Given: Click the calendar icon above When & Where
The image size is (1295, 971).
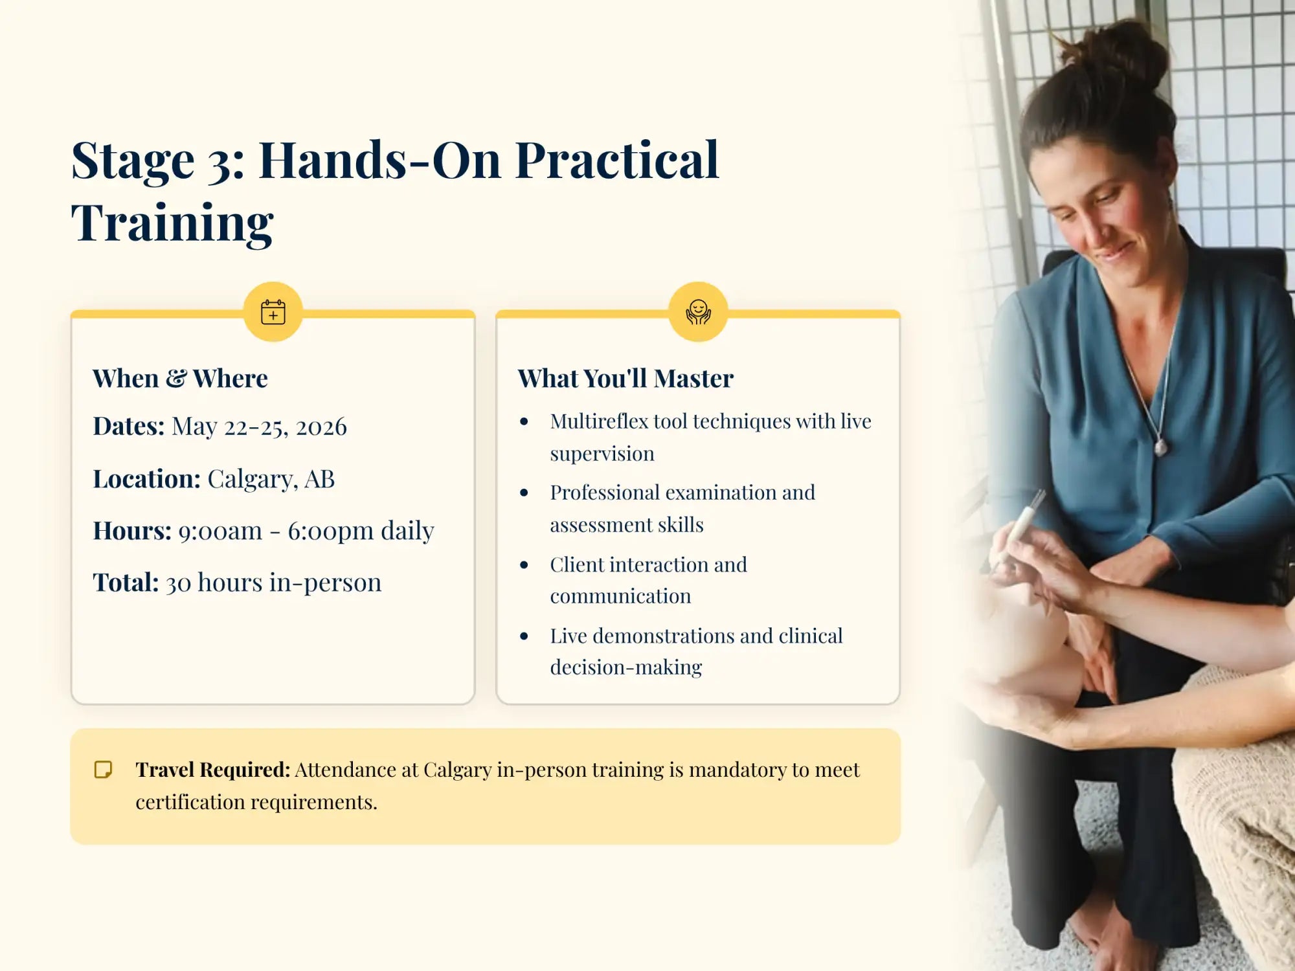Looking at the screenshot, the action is click(273, 312).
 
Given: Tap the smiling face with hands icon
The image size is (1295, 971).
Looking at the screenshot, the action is click(698, 312).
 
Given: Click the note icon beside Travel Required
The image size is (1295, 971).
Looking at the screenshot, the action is click(103, 769).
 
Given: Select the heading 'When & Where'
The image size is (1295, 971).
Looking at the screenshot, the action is click(180, 379).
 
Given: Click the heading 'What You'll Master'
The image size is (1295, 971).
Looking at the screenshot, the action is click(625, 379).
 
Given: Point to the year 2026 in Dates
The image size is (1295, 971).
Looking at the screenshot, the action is click(321, 427).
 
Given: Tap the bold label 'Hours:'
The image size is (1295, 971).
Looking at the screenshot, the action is click(132, 530).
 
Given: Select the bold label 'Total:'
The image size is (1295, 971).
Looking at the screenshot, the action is click(126, 582).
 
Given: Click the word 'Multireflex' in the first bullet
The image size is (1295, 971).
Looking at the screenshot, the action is click(599, 421).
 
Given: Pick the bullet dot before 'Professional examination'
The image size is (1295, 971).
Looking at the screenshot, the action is click(524, 493).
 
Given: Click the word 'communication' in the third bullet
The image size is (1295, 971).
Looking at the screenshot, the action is click(620, 596).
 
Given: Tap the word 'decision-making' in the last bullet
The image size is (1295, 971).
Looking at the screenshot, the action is click(625, 667).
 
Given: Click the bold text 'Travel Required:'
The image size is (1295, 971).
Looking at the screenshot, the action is click(212, 770).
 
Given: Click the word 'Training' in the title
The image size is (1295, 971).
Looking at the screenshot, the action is click(172, 223).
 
